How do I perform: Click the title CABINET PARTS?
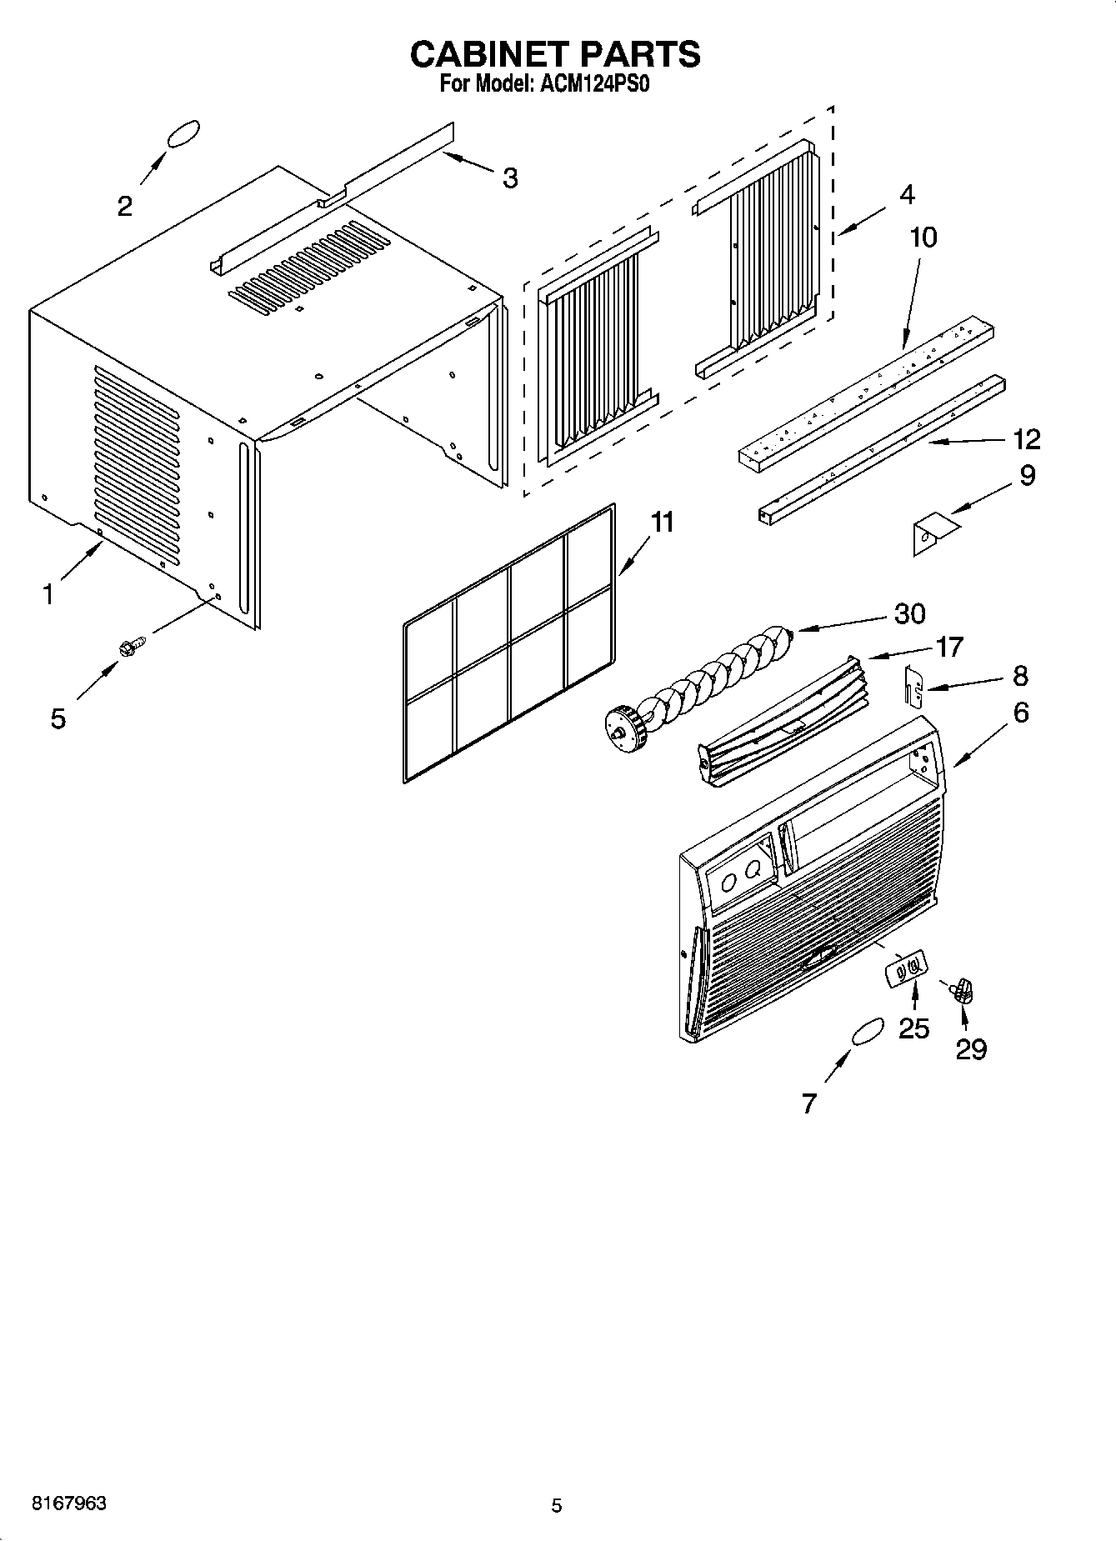[555, 54]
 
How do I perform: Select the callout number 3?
[509, 178]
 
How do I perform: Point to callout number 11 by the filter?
[662, 523]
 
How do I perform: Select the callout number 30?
[909, 614]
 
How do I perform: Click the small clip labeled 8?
[913, 684]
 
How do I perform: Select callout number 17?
[949, 647]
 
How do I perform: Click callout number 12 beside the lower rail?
[1027, 438]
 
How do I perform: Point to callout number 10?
[923, 238]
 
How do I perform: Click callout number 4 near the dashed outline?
[907, 194]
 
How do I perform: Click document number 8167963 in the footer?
[68, 1503]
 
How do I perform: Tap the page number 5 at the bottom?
[556, 1505]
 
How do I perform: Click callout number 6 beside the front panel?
[1020, 713]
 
